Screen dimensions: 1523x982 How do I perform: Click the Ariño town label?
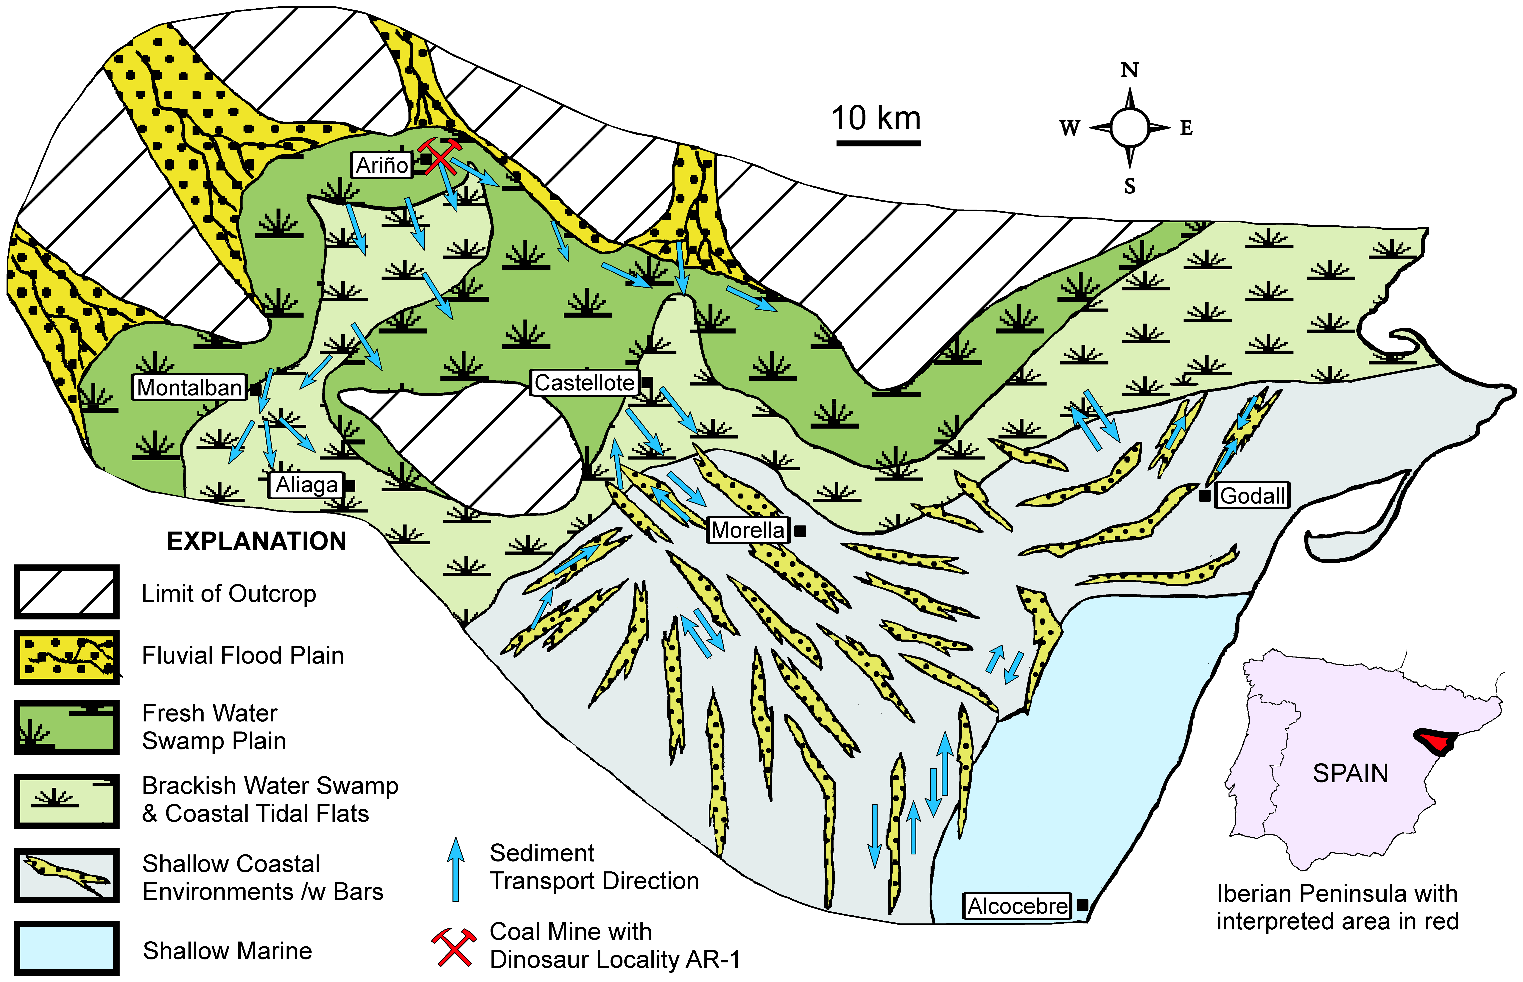click(x=381, y=165)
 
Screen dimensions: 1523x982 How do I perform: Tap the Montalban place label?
click(x=189, y=387)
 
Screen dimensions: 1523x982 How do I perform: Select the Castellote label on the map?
click(x=585, y=383)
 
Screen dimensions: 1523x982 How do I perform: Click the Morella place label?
click(x=748, y=530)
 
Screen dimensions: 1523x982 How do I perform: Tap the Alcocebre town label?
click(x=1017, y=906)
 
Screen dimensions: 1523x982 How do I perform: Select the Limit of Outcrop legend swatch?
click(x=66, y=592)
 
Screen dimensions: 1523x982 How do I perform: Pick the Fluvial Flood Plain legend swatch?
click(x=66, y=657)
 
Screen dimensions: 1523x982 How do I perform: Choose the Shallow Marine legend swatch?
click(x=66, y=947)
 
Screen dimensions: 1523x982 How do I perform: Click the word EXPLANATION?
click(x=256, y=541)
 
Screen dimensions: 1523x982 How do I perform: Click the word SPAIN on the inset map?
click(x=1350, y=773)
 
